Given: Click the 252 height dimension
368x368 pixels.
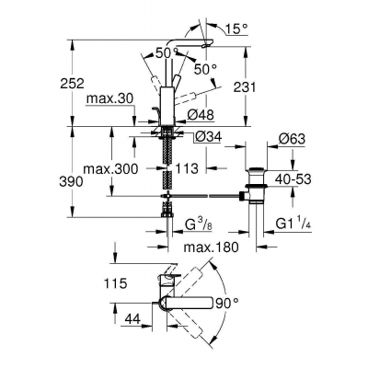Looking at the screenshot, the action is click(72, 84).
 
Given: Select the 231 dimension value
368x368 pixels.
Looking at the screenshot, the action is click(245, 87).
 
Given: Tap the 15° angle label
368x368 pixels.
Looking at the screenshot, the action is click(236, 29).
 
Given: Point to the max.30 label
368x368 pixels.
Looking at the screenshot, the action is click(109, 98).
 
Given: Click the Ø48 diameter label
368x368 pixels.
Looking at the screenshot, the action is click(201, 115).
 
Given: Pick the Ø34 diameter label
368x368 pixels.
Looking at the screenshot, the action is click(208, 137).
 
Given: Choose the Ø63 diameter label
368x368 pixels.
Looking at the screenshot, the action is click(292, 139).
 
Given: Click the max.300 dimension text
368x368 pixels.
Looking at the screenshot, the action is click(110, 168).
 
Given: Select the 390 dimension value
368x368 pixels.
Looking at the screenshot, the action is click(71, 182).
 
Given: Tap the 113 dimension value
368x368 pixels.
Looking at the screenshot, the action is click(187, 168).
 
